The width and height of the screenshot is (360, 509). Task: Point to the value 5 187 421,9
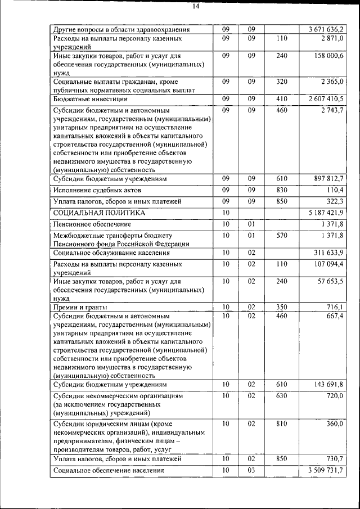click(325, 213)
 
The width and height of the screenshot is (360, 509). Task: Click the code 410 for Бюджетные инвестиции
click(282, 98)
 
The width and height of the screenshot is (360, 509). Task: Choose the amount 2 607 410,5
click(325, 98)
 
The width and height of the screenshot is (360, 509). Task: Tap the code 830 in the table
click(282, 190)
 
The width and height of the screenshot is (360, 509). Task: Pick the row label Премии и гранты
click(80, 307)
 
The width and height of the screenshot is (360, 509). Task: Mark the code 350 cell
click(282, 307)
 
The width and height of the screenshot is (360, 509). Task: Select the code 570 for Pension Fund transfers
click(282, 235)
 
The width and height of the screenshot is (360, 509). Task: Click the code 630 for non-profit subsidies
click(282, 396)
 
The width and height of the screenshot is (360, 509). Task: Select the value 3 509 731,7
click(325, 470)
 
